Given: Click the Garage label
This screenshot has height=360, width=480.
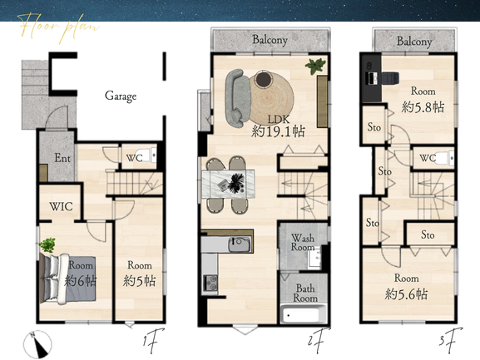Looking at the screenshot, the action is [121, 96].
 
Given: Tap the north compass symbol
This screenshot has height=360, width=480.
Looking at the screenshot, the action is [37, 345].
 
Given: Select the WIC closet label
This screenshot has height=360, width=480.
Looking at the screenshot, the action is [62, 206].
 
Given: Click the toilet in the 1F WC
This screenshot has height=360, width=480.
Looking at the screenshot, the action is [149, 155].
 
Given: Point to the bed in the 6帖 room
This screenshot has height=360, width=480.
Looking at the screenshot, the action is [68, 279].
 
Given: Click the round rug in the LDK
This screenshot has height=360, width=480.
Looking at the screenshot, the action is [271, 98].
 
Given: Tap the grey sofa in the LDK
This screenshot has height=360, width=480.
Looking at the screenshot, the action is [238, 98].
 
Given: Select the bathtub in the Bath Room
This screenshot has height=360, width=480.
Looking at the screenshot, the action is [304, 314].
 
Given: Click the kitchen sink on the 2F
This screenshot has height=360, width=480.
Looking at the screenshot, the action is [240, 244].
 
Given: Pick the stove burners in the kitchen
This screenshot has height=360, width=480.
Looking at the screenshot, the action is [210, 283].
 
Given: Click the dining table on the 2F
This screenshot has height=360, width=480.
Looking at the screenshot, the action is [228, 184].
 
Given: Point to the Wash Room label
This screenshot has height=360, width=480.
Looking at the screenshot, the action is [303, 242].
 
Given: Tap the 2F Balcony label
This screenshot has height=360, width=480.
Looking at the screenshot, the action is [270, 40].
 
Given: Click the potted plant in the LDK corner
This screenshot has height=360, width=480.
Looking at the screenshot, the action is [315, 67].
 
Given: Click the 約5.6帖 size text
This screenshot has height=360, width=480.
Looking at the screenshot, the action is [406, 294].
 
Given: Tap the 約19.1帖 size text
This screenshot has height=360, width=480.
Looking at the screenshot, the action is [278, 131].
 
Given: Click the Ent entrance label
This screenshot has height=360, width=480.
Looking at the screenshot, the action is [62, 158].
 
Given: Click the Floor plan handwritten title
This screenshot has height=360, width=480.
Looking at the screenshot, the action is [60, 28].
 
